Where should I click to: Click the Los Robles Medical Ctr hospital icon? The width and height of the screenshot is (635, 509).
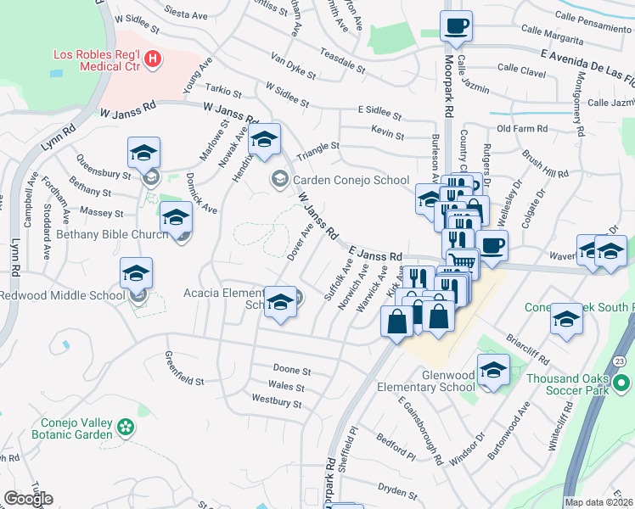pyautogui.click(x=153, y=59)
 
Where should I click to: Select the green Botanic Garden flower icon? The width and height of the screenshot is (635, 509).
pyautogui.click(x=126, y=426)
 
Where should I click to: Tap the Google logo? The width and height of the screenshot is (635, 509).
pyautogui.click(x=28, y=499)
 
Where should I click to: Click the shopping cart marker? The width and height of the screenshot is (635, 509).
pyautogui.click(x=462, y=263)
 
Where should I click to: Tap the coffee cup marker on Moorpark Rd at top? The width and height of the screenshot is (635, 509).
pyautogui.click(x=456, y=26)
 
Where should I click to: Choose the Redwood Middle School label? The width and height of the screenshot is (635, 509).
pyautogui.click(x=62, y=295)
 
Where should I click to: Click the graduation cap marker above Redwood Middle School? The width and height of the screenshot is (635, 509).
pyautogui.click(x=136, y=274)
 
